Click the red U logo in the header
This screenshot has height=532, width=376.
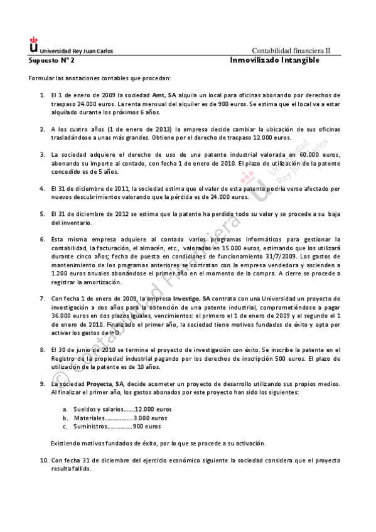33,46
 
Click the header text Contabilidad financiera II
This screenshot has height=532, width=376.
295,51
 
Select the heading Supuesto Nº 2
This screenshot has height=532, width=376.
51,61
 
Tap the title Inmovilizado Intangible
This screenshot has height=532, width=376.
275,60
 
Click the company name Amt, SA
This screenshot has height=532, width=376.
156,95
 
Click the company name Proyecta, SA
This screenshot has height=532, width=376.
104,383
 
